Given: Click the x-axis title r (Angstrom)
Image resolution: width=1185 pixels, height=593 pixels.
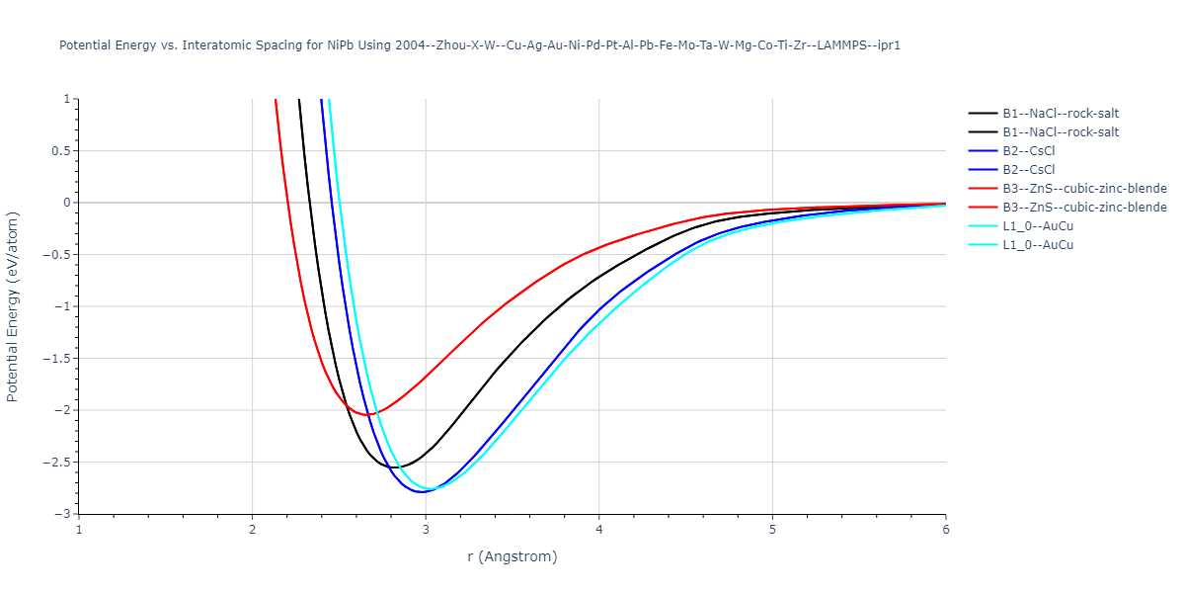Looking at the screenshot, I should tap(512, 556).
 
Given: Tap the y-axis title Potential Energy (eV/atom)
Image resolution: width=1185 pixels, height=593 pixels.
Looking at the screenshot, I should tap(13, 306).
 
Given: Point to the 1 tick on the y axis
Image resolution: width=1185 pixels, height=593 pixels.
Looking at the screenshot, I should tap(68, 99).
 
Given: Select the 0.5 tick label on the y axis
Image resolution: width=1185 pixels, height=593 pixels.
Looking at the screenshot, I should tap(61, 151).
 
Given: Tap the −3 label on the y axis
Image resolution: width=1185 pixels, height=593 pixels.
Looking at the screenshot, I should tap(64, 514).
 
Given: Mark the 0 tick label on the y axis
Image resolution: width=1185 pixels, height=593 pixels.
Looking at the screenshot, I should tap(68, 203).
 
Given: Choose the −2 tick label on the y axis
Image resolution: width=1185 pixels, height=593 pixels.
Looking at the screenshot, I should tap(64, 410).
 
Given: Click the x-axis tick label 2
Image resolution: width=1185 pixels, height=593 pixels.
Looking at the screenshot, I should tap(252, 530).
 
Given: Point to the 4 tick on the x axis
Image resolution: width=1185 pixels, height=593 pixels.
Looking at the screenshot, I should tap(599, 530).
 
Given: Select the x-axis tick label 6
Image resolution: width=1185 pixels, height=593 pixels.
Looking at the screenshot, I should tap(945, 530).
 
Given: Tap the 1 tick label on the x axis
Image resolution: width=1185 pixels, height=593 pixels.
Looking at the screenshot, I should tap(79, 530).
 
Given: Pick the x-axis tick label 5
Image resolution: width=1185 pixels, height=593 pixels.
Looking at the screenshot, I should tap(772, 530).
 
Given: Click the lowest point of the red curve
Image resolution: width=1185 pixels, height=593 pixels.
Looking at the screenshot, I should tap(367, 415).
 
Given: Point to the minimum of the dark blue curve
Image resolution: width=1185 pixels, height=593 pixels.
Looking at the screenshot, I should tap(422, 491).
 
